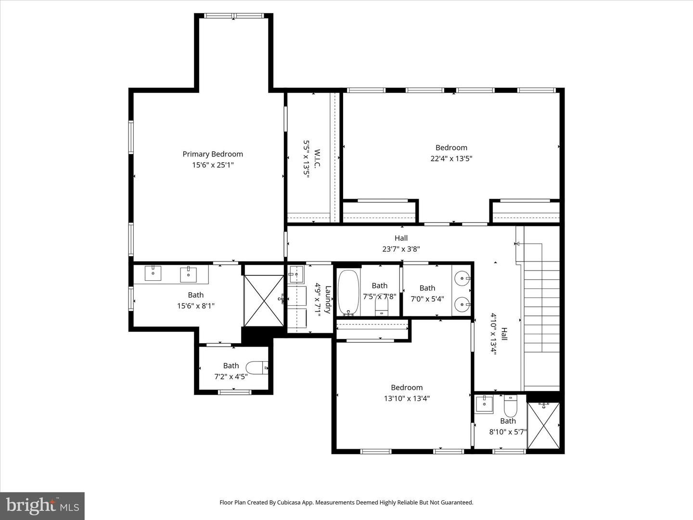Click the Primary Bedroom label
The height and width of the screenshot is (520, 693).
[x=213, y=154]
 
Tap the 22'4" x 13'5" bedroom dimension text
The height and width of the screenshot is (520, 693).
[x=451, y=158]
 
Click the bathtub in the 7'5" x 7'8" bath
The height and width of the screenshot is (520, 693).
[x=348, y=292]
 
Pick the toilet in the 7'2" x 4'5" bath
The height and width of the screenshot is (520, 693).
[x=260, y=368]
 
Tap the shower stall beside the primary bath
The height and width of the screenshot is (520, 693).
[x=264, y=300]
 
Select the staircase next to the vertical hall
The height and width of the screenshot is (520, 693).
[x=542, y=308]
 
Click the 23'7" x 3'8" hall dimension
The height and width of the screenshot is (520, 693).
[x=401, y=249]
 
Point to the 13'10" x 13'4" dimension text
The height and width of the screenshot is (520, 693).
[x=407, y=398]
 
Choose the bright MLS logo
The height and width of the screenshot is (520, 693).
[x=42, y=506]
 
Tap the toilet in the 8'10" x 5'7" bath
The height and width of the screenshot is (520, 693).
[x=510, y=407]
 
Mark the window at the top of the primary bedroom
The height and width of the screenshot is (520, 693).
[x=234, y=16]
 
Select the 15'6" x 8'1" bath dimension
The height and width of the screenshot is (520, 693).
[x=196, y=306]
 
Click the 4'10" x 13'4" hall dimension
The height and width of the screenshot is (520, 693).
[x=494, y=333]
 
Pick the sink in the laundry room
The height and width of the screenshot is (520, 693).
[x=295, y=275]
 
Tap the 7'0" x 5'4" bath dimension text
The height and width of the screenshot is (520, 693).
[x=427, y=299]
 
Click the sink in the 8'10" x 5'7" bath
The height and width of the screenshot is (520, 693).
[x=484, y=404]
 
